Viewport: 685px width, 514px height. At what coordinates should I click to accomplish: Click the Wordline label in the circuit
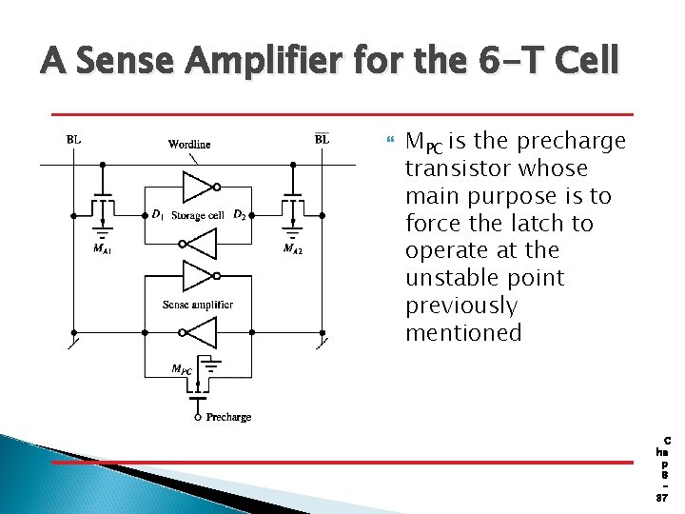pyautogui.click(x=189, y=145)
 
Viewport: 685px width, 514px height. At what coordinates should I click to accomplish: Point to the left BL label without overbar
pyautogui.click(x=73, y=139)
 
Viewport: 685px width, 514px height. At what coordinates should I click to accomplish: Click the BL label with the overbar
pyautogui.click(x=323, y=139)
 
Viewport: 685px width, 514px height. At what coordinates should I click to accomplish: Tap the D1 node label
pyautogui.click(x=158, y=215)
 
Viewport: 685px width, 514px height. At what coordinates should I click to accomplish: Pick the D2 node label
pyautogui.click(x=242, y=215)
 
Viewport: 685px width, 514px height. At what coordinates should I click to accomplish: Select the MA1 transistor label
pyautogui.click(x=102, y=250)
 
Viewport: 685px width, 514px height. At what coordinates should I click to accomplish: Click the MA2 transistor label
pyautogui.click(x=295, y=250)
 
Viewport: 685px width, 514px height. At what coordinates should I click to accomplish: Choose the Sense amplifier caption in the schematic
pyautogui.click(x=198, y=305)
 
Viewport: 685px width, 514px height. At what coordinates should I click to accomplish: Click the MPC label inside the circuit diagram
pyautogui.click(x=180, y=368)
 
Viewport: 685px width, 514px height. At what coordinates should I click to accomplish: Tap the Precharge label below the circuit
pyautogui.click(x=229, y=417)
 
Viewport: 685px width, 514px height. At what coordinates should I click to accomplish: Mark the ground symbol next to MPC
pyautogui.click(x=215, y=365)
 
